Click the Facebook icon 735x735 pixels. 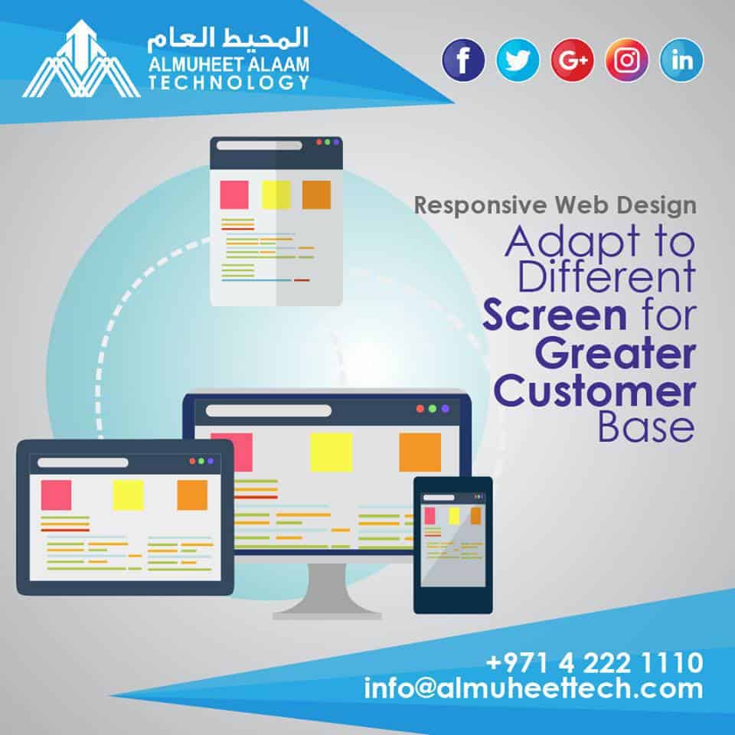coord(463,60)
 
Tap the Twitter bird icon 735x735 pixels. coord(518,60)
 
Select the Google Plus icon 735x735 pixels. coord(573,60)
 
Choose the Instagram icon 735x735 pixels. coord(627,60)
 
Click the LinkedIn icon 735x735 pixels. coord(681,60)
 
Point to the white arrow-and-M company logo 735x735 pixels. coord(81,59)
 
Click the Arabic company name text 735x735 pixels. coord(228,38)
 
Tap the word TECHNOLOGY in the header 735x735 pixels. coord(229,83)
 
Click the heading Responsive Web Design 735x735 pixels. coord(555,205)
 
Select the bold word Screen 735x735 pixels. coord(554,315)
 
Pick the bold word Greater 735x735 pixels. coord(615,354)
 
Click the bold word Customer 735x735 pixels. coord(594,391)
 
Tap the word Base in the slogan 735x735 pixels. coord(646,427)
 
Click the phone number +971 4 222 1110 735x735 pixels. coord(594,662)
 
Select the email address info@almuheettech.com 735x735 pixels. coord(534,688)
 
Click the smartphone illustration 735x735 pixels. coord(452,545)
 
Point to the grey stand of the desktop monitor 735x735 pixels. coord(327,590)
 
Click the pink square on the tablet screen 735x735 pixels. coord(56,495)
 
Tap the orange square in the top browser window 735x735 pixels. coord(316,194)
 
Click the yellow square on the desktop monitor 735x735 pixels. coord(332,452)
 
